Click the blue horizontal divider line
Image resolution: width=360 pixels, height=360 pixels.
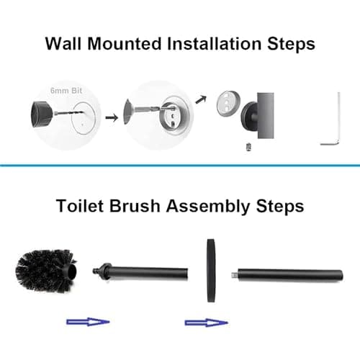point(180,165)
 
